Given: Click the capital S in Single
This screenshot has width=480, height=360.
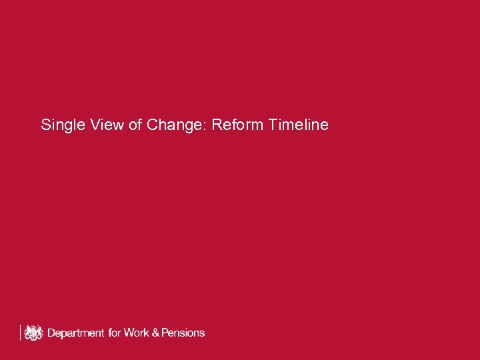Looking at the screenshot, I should point(45,125).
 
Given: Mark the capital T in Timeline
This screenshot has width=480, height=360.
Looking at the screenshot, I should point(274,125).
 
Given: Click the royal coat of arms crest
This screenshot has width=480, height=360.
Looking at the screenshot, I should point(33,332).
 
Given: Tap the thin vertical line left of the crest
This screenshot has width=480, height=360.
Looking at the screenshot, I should point(21,332).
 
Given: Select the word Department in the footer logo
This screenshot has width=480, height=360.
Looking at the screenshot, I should point(75,333).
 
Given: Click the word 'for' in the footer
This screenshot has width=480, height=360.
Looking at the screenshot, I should point(115,332).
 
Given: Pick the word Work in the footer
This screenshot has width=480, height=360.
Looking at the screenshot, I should point(137,332).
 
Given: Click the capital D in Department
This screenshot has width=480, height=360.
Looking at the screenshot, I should point(51,332).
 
